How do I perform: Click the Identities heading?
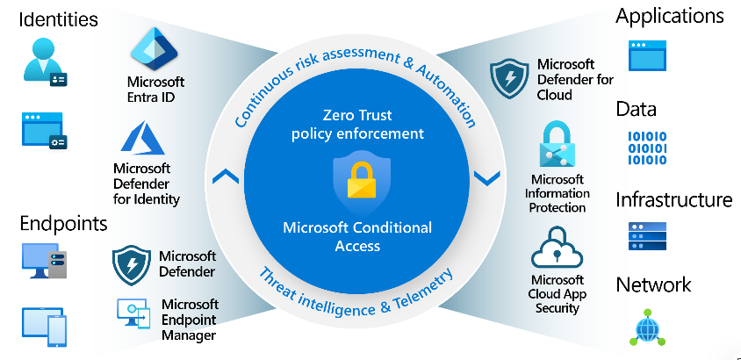pos(58,18)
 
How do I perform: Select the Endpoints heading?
pos(63,223)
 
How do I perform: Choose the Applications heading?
pos(670,16)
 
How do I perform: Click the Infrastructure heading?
pos(673,200)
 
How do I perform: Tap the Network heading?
pos(653,284)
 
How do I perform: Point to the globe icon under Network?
pos(648,328)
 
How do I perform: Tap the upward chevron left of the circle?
pos(226,176)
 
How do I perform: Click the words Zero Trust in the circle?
pos(357,116)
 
